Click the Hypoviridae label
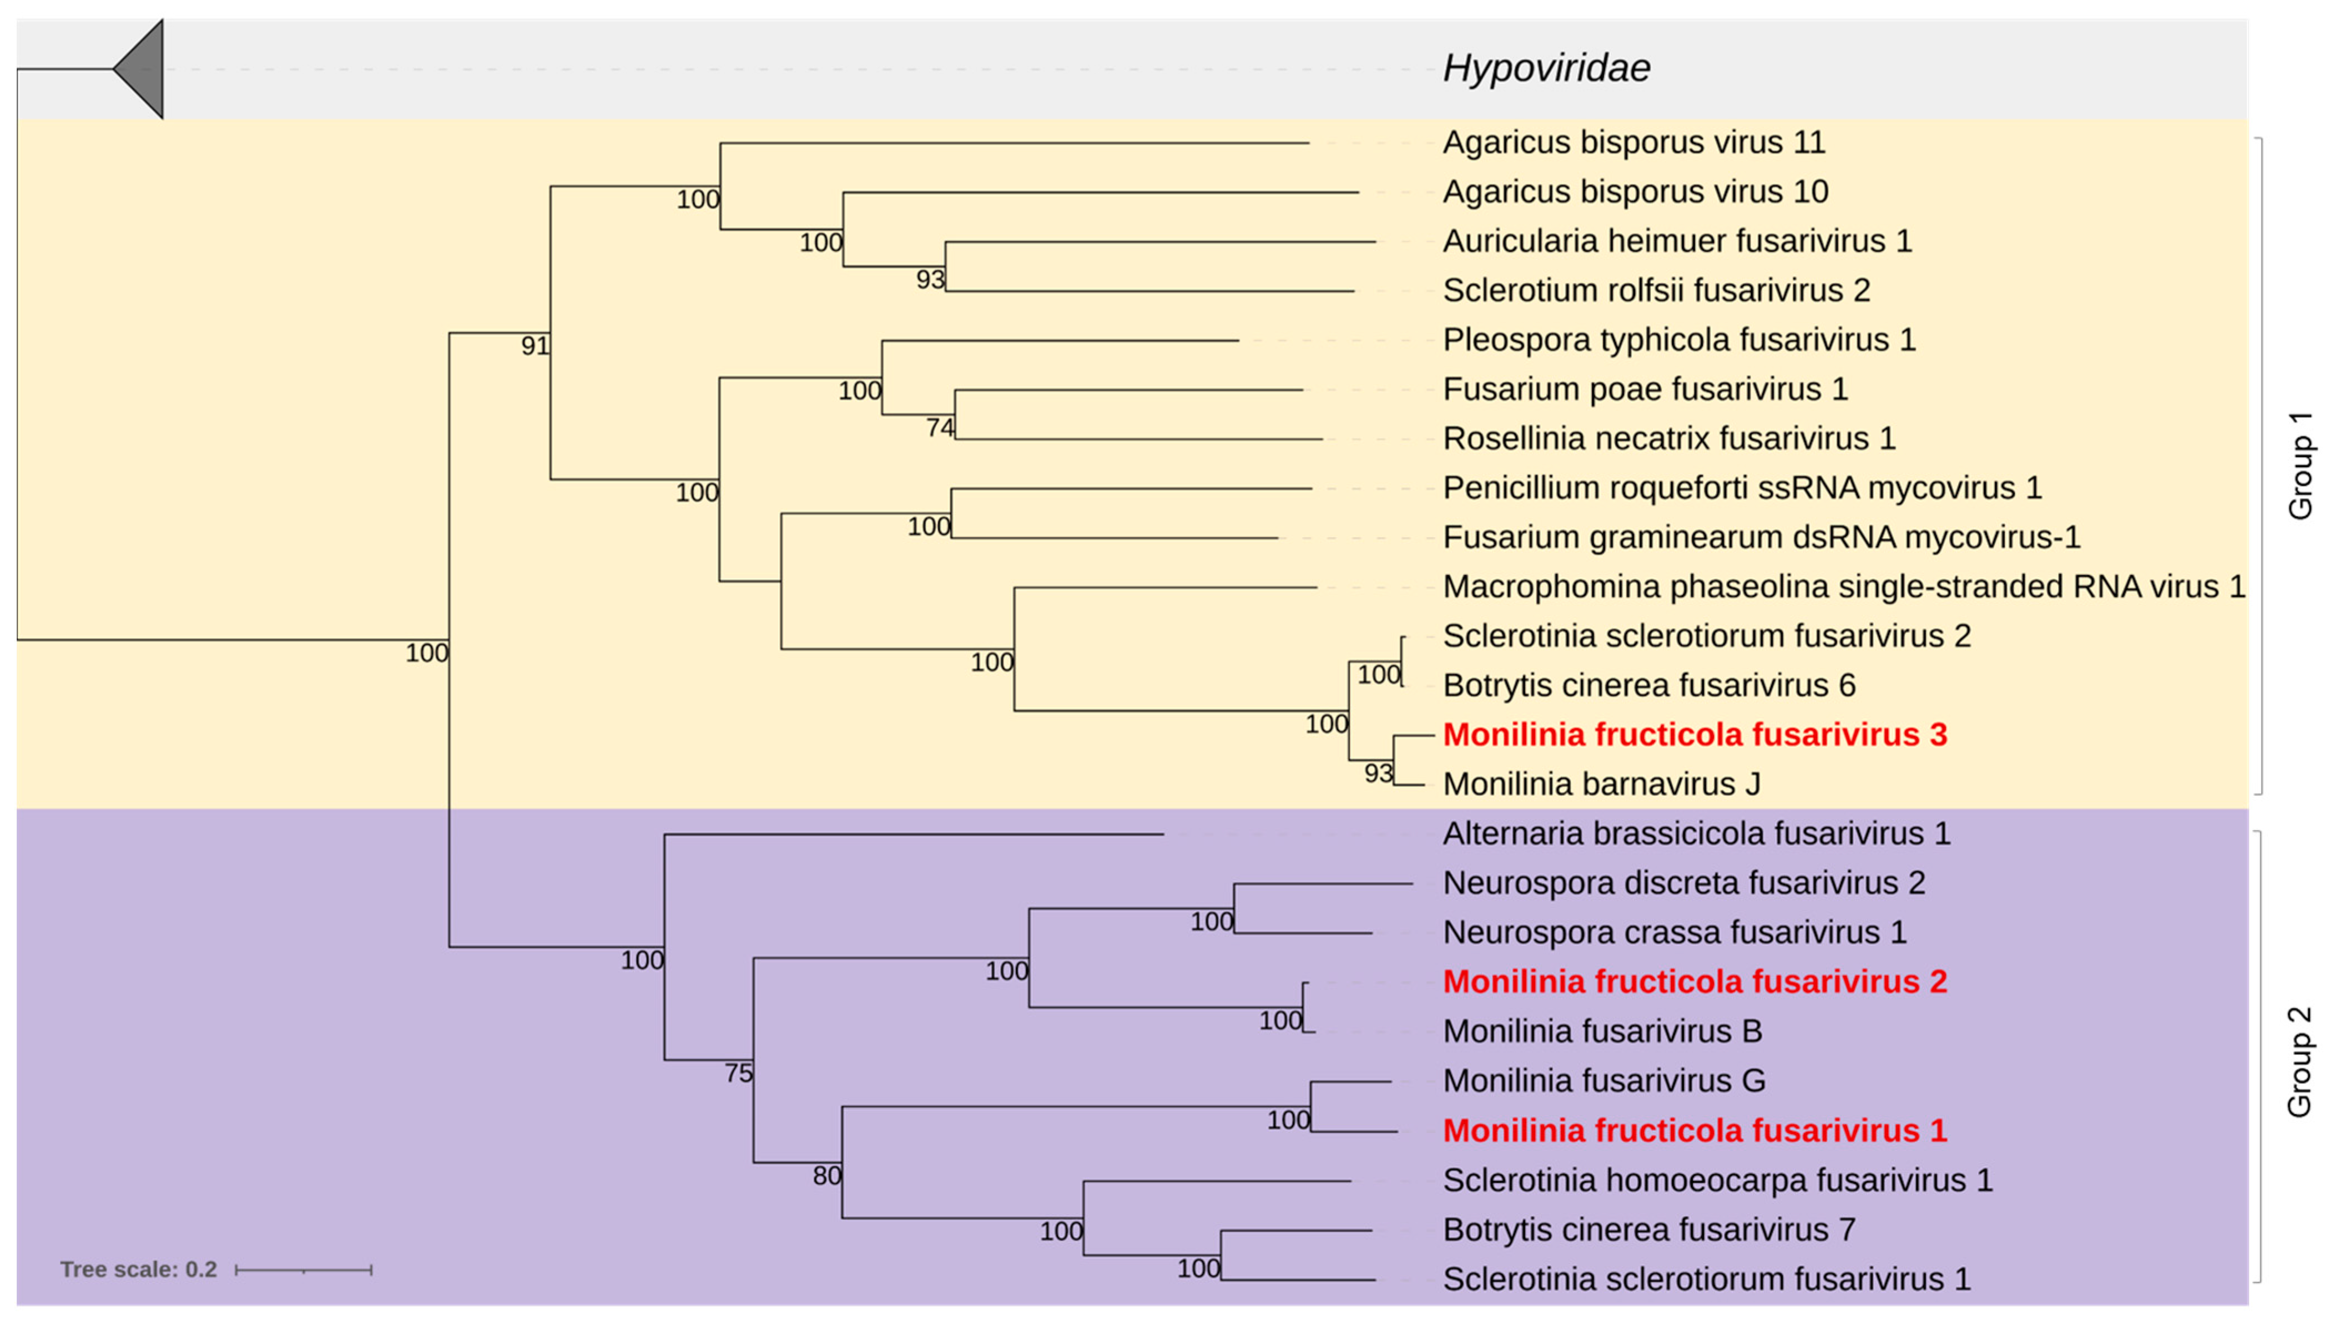1546,68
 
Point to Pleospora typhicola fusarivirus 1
1679,340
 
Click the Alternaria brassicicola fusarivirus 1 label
1696,833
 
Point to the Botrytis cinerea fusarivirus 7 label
1649,1230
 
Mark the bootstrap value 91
535,346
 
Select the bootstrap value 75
739,1074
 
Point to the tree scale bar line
303,1270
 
